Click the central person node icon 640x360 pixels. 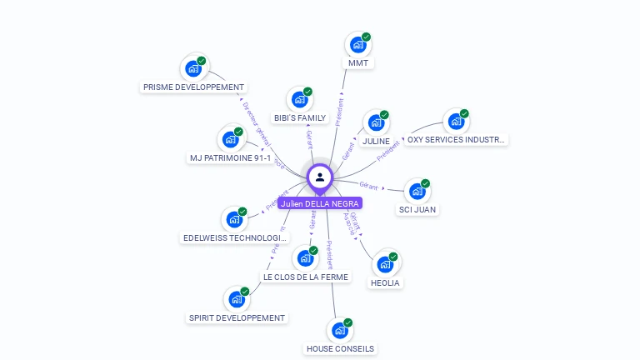pos(320,177)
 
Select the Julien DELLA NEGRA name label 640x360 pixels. pos(320,203)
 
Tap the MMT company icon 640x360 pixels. pos(358,45)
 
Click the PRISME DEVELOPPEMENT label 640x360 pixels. pos(194,87)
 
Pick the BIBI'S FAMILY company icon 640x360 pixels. pos(300,100)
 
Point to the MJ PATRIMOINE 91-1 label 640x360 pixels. pos(230,157)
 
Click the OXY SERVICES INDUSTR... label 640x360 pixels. pos(456,140)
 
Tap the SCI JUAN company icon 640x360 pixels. pos(417,192)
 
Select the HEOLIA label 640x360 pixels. pos(385,282)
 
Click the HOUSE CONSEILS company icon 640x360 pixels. pos(339,331)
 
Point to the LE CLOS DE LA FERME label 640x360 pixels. pos(306,276)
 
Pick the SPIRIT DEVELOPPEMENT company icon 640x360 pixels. pos(237,299)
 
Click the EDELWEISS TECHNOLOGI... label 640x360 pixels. pos(235,237)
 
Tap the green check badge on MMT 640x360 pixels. pos(366,37)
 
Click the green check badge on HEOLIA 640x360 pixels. pos(393,257)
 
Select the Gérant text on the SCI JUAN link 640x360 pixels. pos(368,184)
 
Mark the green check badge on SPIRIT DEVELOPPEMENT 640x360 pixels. pos(245,292)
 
